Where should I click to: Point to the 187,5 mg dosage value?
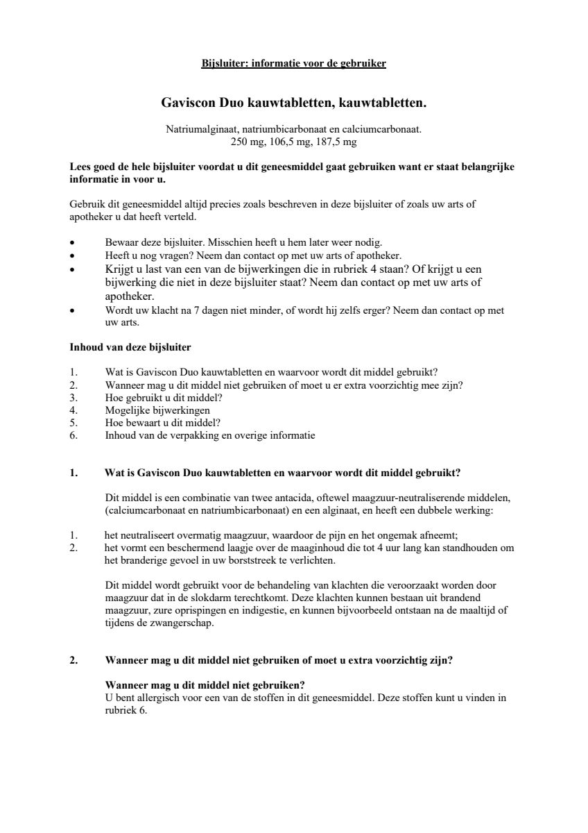pos(336,142)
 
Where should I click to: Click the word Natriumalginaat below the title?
pos(198,129)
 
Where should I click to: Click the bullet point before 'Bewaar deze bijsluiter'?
pos(73,244)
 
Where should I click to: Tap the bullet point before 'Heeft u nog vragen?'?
pos(73,256)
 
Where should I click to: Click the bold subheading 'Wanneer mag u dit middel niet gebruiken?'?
pos(205,685)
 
